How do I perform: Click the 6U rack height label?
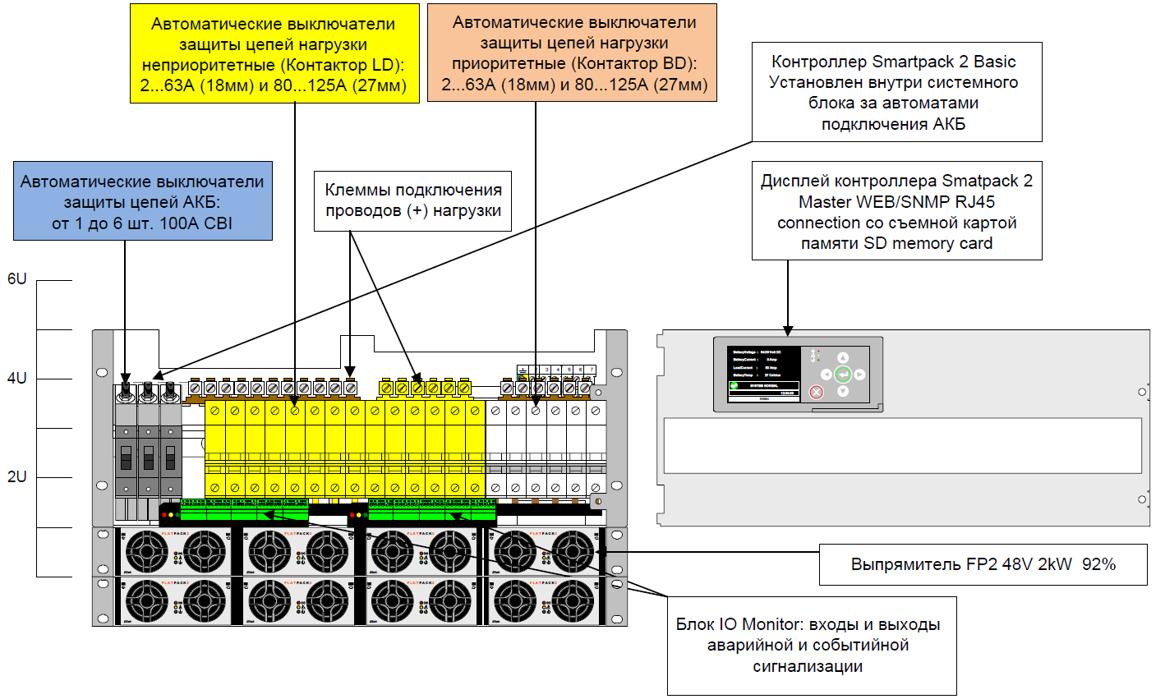(17, 279)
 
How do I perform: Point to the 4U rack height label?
(17, 379)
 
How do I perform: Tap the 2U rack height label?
(17, 477)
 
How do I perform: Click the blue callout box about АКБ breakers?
(142, 201)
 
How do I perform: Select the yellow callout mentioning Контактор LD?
(274, 54)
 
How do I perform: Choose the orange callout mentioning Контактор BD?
(573, 53)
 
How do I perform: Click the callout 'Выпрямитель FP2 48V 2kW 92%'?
(983, 564)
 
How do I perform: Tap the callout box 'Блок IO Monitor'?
(811, 645)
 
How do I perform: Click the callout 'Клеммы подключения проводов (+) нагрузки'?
(412, 200)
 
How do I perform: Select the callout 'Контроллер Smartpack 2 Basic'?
(896, 92)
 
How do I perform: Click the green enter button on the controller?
(843, 375)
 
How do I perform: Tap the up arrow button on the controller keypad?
(843, 358)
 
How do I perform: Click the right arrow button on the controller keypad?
(859, 375)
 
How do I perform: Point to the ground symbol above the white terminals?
(522, 370)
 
